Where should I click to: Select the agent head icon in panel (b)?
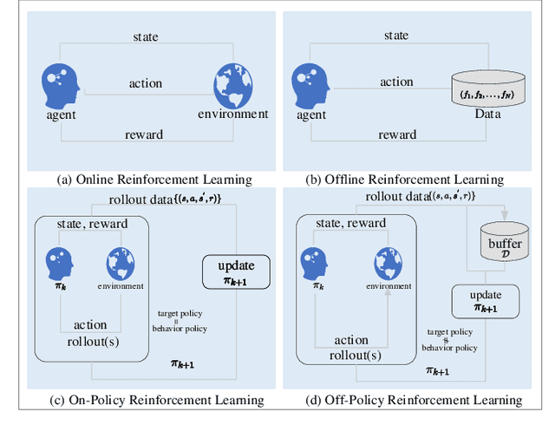pos(311,84)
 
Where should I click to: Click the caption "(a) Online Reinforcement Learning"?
pos(153,180)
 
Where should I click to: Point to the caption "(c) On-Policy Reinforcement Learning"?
pos(158,400)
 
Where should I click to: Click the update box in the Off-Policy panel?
pos(485,302)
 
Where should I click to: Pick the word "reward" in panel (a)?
pos(143,134)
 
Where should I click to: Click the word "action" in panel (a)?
pos(145,83)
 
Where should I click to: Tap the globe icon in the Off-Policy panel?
pos(387,262)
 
